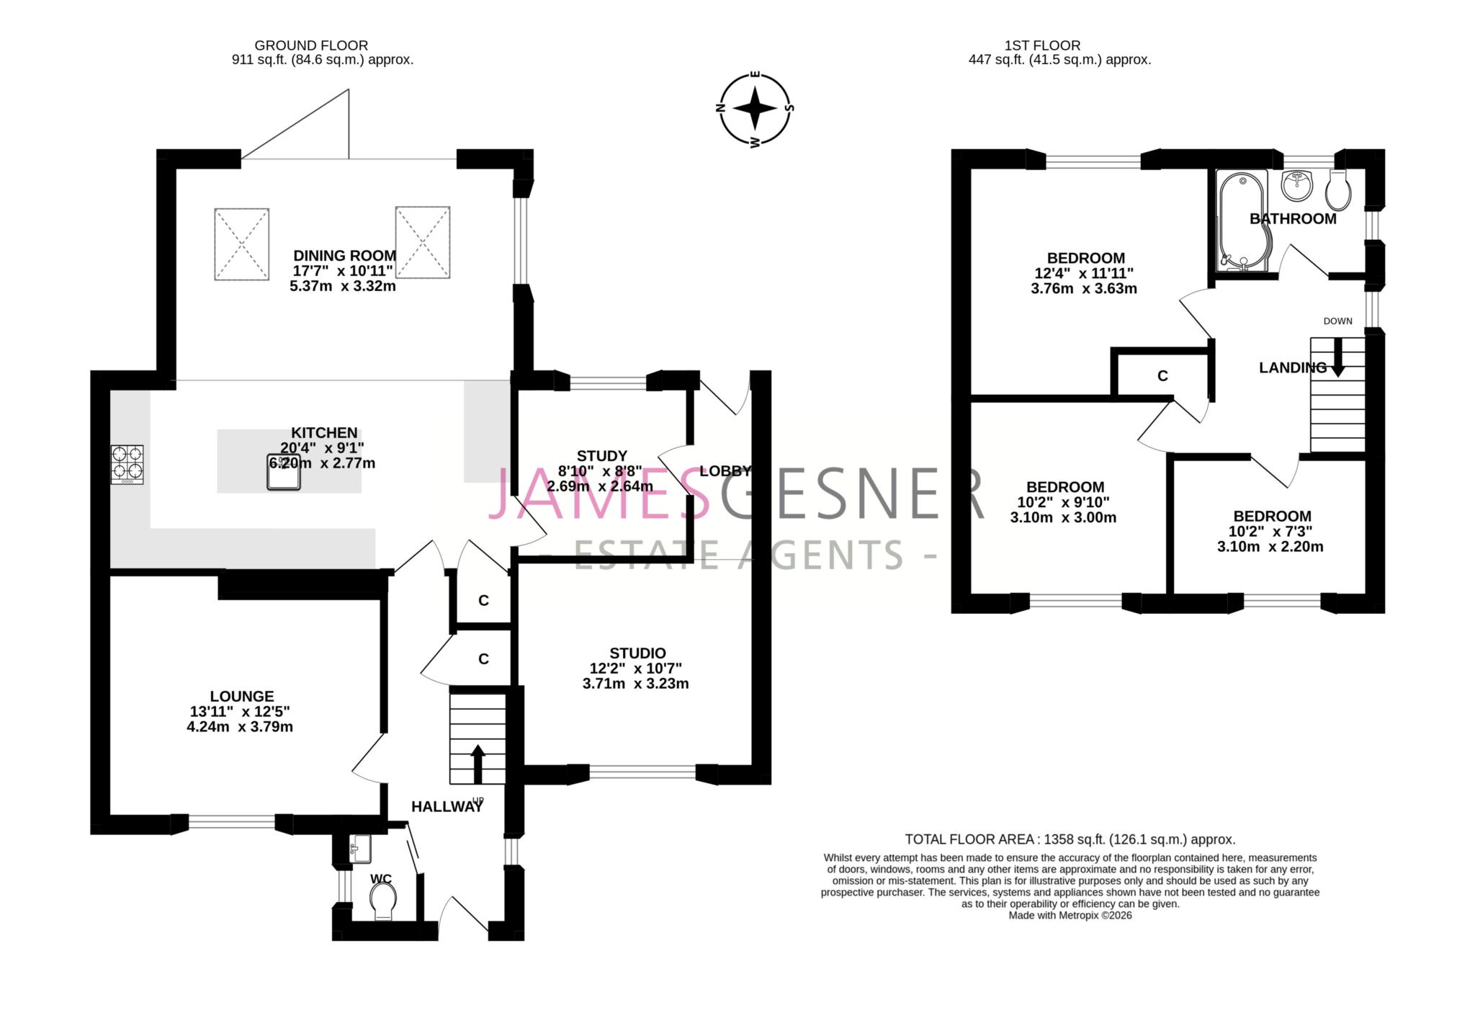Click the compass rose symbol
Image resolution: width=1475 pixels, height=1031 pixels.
(755, 110)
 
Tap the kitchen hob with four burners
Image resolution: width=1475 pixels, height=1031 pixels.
(127, 464)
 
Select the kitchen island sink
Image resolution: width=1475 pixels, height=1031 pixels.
(284, 472)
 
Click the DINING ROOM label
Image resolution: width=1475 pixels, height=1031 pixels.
(344, 255)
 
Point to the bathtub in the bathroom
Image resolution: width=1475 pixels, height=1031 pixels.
(1241, 220)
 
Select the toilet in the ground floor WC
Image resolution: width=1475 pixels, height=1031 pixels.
(382, 901)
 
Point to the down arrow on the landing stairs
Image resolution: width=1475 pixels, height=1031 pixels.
(1337, 358)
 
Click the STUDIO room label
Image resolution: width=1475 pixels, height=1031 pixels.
(637, 653)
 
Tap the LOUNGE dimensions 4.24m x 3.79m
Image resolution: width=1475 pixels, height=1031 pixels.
(240, 726)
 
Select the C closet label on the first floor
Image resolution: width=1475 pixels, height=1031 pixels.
(1162, 376)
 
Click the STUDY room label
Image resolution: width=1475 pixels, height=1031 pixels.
(602, 455)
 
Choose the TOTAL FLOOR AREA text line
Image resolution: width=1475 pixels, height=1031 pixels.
(1070, 839)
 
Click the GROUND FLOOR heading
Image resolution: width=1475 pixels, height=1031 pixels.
(311, 45)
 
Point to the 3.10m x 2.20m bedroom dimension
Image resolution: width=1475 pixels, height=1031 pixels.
(1270, 546)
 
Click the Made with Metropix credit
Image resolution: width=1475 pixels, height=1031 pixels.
(1070, 915)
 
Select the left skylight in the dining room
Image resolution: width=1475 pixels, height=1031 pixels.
(241, 244)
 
